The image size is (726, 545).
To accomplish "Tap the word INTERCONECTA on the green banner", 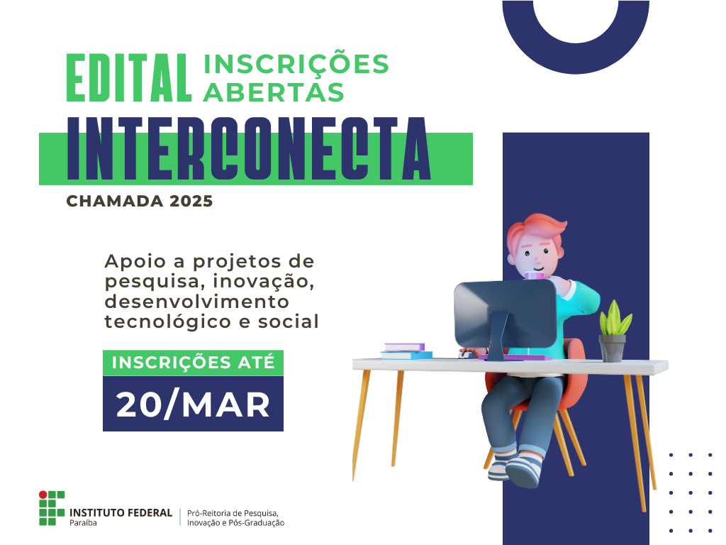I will [249, 149].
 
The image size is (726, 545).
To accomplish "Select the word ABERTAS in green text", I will [274, 91].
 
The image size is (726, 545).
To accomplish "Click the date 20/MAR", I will [193, 404].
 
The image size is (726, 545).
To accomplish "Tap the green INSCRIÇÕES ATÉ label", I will [193, 362].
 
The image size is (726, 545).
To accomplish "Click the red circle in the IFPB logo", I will [43, 494].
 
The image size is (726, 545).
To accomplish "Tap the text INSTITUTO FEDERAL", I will [121, 512].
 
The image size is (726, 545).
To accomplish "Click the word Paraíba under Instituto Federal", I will [84, 523].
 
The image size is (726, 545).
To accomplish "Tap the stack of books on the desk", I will [405, 351].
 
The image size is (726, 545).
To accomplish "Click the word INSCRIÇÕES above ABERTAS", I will [296, 64].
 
